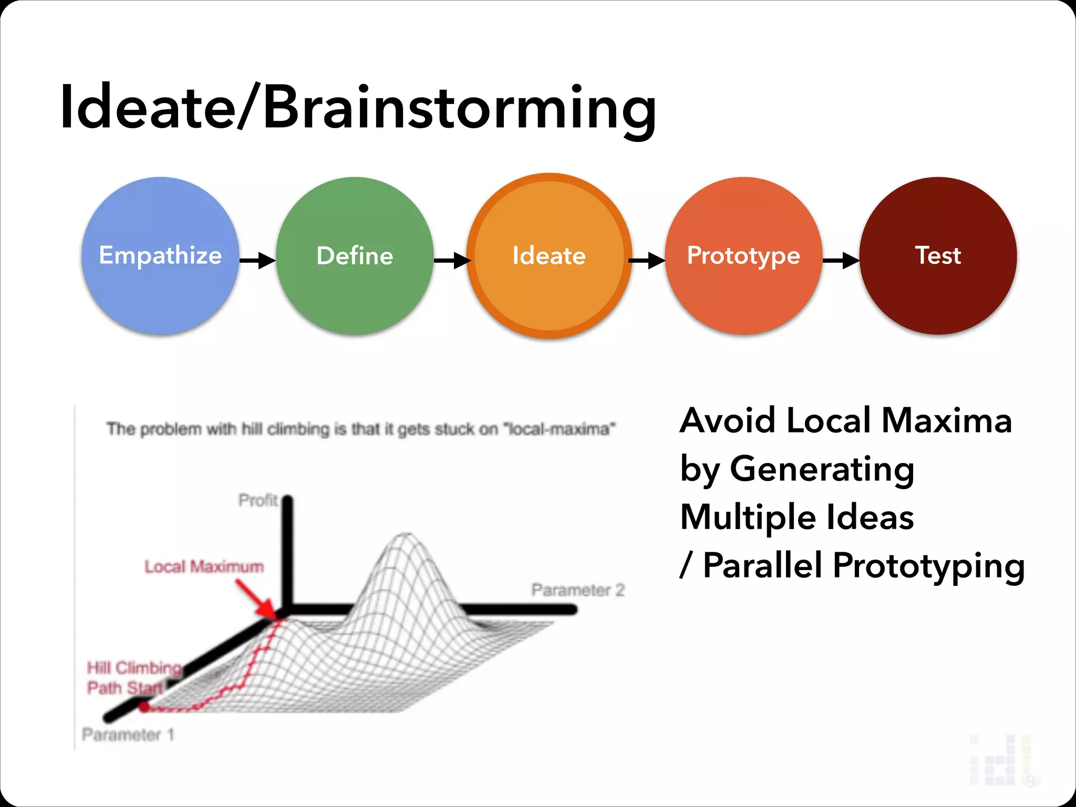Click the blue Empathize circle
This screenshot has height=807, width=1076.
point(160,256)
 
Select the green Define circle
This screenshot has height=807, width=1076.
point(355,256)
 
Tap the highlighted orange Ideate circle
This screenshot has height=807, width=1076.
point(549,256)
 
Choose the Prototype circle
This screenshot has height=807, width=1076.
point(743,256)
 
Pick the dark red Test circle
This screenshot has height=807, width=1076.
point(938,256)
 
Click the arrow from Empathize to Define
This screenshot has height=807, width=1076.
point(258,260)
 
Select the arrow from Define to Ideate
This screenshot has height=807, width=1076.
point(452,260)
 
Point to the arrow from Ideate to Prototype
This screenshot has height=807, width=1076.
point(647,260)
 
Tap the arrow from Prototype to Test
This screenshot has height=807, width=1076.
point(841,260)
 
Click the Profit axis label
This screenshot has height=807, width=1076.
point(257,500)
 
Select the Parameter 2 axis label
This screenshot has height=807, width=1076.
point(578,590)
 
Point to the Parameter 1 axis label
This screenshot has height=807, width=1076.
point(128,734)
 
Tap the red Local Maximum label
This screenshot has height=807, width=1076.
point(204,567)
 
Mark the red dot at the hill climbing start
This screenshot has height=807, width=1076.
point(143,707)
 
